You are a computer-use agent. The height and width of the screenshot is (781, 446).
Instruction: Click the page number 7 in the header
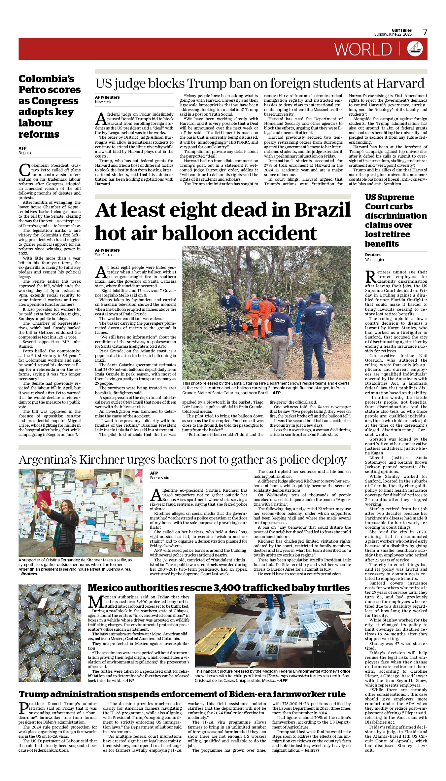(x=425, y=32)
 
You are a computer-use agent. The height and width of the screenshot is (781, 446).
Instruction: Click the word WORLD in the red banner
(x=363, y=50)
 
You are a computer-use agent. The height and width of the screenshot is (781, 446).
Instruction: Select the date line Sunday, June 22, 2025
(x=393, y=34)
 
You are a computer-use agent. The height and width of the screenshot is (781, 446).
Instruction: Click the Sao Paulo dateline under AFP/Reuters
(x=103, y=255)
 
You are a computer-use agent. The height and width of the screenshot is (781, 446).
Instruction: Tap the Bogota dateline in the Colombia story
(x=25, y=153)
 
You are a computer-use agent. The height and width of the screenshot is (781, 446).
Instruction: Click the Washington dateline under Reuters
(x=375, y=260)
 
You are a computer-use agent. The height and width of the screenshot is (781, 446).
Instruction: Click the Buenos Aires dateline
(x=161, y=478)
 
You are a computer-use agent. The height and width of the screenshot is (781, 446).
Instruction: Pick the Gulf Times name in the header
(x=401, y=30)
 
